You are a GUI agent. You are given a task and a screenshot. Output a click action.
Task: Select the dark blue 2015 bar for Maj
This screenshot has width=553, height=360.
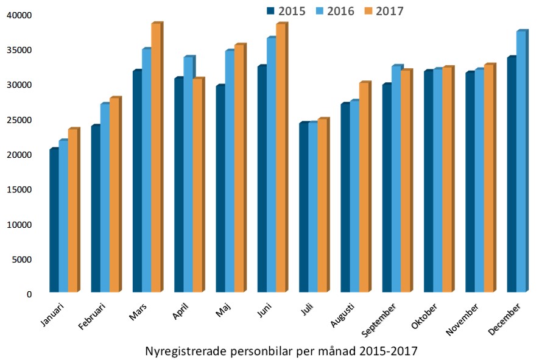220,188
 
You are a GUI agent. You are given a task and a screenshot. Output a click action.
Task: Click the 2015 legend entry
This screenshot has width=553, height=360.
286,10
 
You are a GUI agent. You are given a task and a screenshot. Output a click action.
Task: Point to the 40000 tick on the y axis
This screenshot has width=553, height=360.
22,15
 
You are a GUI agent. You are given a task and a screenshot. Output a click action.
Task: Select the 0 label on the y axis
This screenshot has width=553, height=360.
29,295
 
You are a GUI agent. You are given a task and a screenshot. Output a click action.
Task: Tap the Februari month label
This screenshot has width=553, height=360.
92,316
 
